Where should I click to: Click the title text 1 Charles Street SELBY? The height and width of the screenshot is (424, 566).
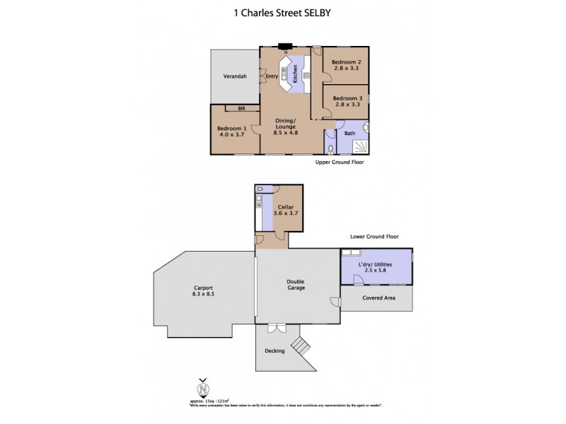tap(282, 11)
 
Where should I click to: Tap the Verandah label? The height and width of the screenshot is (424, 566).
tap(235, 76)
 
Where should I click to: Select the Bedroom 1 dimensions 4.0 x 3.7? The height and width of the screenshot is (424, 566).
tap(232, 135)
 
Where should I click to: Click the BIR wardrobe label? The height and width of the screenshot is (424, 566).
tap(241, 108)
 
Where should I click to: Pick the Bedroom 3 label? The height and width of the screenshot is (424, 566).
tap(347, 98)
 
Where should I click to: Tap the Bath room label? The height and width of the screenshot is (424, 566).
tap(350, 133)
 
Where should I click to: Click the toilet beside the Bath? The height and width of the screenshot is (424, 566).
tap(333, 148)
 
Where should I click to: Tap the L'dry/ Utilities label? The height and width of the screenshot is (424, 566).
tap(375, 264)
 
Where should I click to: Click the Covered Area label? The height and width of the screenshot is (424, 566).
tap(378, 298)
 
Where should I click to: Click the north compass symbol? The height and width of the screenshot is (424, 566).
tap(203, 389)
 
